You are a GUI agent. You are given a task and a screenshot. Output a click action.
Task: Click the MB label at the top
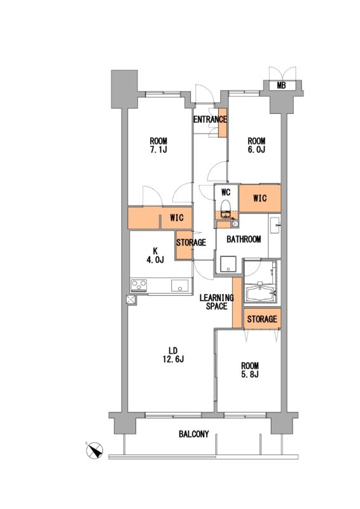[281, 86]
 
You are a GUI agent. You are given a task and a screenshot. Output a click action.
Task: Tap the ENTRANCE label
[210, 120]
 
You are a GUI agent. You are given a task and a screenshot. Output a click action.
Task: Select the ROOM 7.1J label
[158, 145]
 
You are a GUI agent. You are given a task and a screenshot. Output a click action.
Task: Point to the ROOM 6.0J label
[256, 145]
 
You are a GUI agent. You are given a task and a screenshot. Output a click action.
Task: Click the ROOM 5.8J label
[250, 370]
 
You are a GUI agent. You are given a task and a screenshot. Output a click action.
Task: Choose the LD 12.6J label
[172, 355]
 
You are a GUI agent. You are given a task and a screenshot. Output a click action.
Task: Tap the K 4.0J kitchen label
[155, 255]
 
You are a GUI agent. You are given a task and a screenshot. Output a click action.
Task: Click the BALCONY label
[194, 434]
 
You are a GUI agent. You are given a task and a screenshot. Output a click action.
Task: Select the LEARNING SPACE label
[216, 302]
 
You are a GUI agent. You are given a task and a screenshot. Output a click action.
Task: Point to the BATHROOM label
[244, 239]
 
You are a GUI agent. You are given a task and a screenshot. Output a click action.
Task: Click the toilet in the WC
[226, 208]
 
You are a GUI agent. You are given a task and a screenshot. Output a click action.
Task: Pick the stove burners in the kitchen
[139, 286]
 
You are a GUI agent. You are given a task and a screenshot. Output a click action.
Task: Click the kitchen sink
[180, 285]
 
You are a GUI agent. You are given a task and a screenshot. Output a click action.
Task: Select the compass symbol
[95, 450]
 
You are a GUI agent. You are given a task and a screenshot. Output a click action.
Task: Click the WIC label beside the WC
[260, 198]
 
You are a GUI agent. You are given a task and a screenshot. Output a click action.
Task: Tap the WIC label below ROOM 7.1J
[177, 218]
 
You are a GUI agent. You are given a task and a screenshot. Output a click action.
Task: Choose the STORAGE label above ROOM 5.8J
[262, 319]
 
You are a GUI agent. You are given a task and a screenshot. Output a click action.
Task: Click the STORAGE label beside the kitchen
[191, 242]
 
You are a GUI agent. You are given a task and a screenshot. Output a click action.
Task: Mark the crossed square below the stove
[132, 300]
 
